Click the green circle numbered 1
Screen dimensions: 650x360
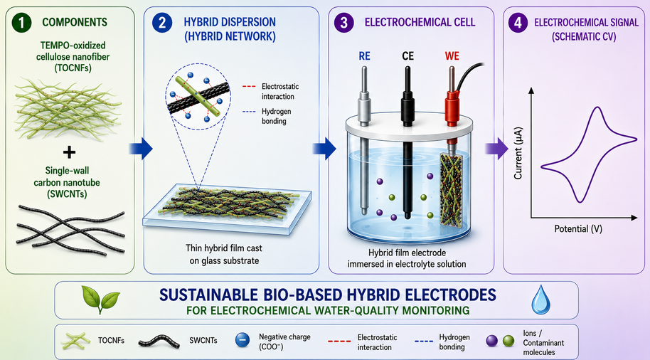(21, 22)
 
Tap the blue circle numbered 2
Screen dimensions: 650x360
(162, 22)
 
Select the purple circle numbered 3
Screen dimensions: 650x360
(344, 22)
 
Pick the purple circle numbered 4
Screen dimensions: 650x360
(518, 22)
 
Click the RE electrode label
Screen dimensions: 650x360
(364, 56)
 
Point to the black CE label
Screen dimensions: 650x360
(408, 56)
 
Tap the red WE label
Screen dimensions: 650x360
(452, 56)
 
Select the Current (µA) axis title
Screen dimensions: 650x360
(518, 153)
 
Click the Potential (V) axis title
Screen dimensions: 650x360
(578, 229)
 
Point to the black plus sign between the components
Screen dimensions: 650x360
(69, 152)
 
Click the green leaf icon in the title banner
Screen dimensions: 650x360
(100, 299)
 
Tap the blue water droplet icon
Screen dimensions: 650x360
(541, 299)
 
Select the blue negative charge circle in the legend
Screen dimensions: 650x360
(243, 340)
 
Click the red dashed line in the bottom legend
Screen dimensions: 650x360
(339, 342)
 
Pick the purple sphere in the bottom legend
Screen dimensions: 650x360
(491, 342)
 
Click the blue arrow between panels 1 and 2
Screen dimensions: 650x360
(141, 149)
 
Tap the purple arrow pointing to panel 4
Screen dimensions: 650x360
(496, 149)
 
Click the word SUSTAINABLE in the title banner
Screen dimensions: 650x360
(208, 295)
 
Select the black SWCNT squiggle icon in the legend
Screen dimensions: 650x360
(159, 342)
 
